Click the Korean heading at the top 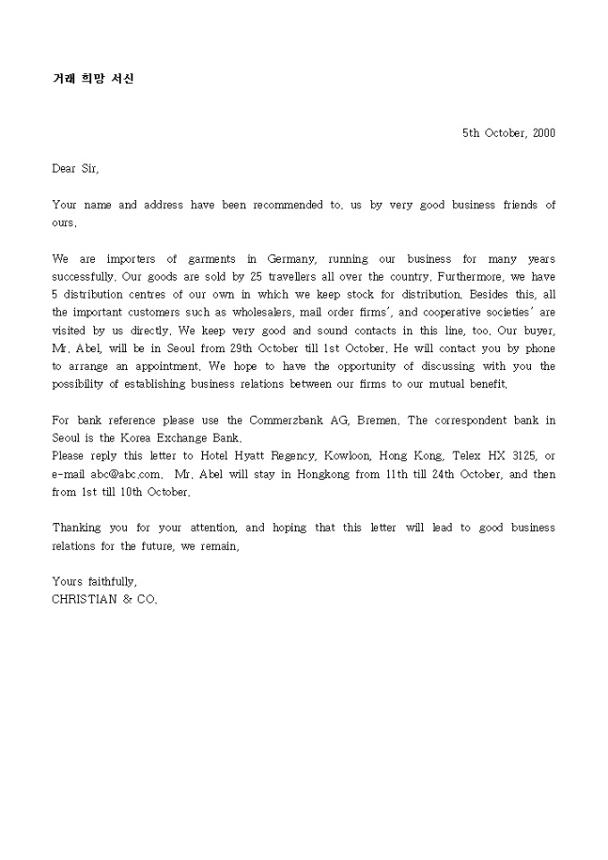click(x=93, y=79)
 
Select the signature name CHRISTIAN click(x=84, y=600)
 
